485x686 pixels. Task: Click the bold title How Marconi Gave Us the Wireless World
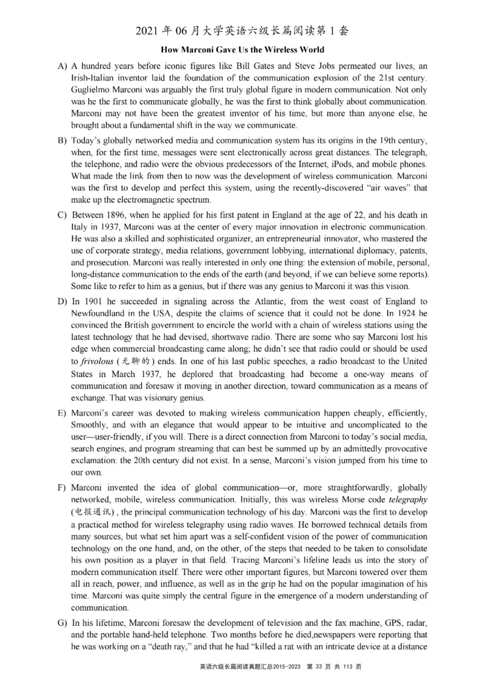[x=242, y=50]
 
